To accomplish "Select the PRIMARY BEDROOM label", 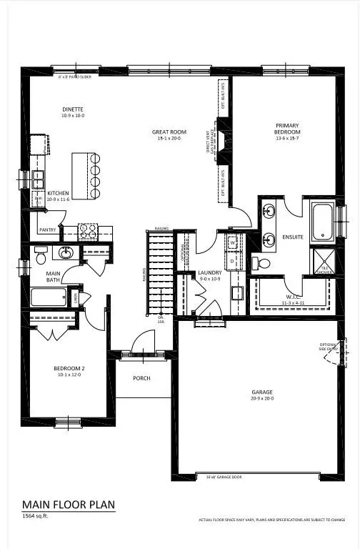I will [x=288, y=129].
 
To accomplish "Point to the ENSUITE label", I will [x=293, y=237].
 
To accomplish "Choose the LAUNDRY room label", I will [x=210, y=272].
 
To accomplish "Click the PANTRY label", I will [x=48, y=229].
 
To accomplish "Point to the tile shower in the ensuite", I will [x=322, y=259].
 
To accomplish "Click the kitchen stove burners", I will [x=87, y=231].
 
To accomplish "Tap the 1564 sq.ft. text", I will [x=37, y=515].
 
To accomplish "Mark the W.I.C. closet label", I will [x=293, y=300].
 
